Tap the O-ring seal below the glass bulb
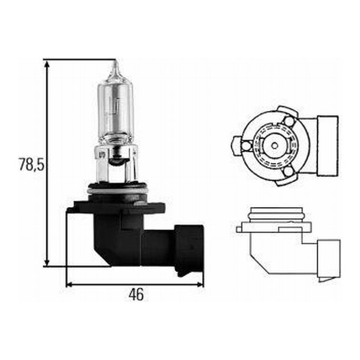(x=116, y=189)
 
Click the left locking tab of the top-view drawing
(x=237, y=143)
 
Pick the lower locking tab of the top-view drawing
(x=288, y=172)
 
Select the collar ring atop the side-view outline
(x=274, y=215)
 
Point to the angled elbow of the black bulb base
(x=112, y=242)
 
